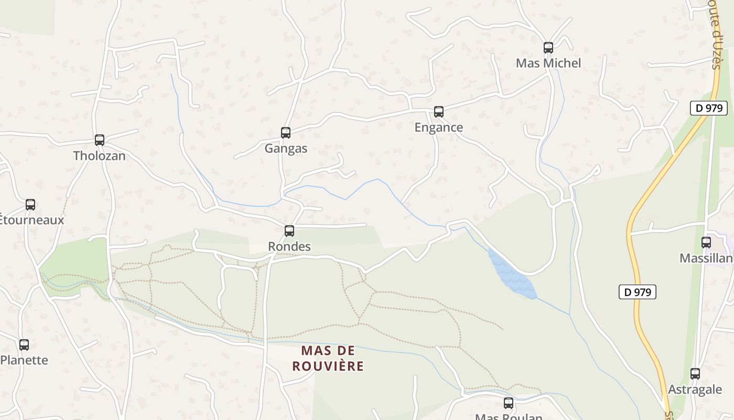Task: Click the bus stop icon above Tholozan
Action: tap(100, 140)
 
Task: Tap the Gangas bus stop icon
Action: tap(286, 133)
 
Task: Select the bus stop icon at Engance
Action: tap(439, 112)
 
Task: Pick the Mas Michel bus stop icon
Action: tap(548, 48)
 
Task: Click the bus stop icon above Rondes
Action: tap(289, 231)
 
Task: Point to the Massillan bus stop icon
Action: tap(706, 243)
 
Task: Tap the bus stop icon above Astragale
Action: tap(695, 374)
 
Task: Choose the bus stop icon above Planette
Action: tap(24, 345)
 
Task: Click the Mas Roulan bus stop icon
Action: tap(509, 403)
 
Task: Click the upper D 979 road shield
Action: tap(709, 109)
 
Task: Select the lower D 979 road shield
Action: tap(638, 292)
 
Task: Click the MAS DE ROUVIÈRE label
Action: tap(328, 359)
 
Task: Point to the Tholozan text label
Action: tap(100, 156)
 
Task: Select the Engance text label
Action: tap(439, 128)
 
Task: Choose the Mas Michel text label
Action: tap(548, 64)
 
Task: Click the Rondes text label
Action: tap(289, 247)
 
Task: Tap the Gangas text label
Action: tap(286, 149)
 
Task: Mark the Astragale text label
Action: tap(695, 390)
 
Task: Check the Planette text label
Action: tap(24, 361)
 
